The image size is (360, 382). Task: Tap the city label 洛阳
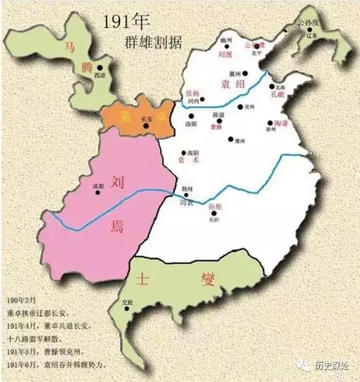(x=190, y=123)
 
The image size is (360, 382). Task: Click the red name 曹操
(x=216, y=127)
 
